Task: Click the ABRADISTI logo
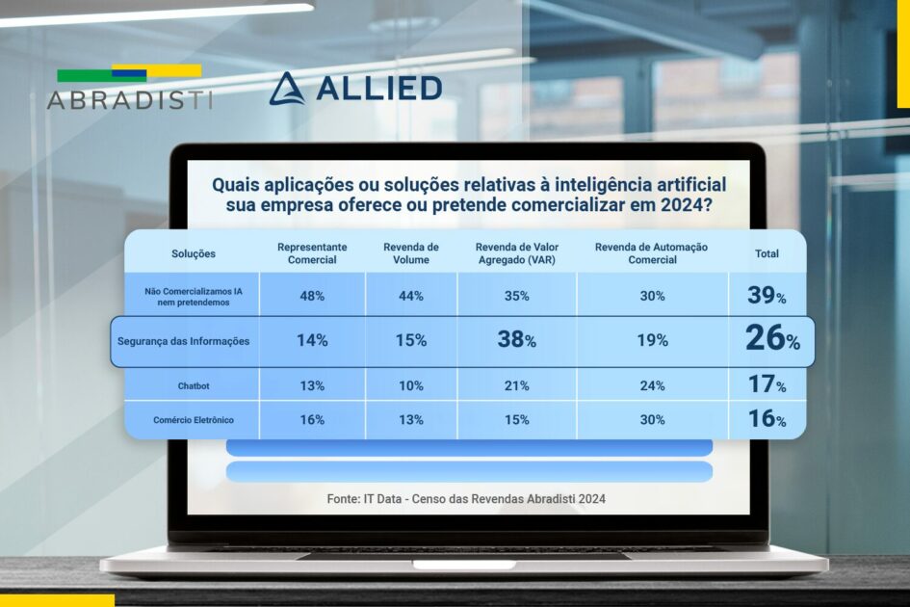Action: coord(129,88)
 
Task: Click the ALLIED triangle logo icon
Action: coord(286,89)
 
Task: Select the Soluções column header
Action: coord(194,253)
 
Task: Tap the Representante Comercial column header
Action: coord(312,253)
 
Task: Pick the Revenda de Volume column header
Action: coord(411,253)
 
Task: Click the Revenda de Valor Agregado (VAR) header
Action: coord(516,253)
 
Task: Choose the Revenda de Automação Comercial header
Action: coord(651,253)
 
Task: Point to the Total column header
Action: coord(767,253)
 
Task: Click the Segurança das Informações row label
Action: coord(183,341)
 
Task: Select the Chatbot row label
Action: coord(194,386)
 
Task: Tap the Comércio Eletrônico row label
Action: coord(193,420)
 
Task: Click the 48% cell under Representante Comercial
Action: coord(312,296)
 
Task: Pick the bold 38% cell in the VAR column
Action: coord(516,340)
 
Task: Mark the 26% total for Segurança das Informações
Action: coord(771,338)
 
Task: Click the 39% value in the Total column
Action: coord(767,296)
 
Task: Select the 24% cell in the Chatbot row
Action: coord(652,386)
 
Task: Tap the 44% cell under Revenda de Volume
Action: coord(411,296)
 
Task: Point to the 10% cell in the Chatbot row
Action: coord(411,386)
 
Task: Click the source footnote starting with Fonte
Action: coord(467,498)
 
